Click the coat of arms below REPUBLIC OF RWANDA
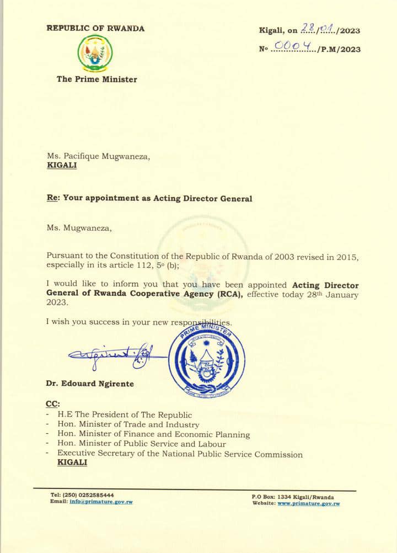(x=95, y=53)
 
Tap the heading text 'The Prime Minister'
(x=96, y=79)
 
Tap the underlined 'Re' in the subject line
(x=52, y=198)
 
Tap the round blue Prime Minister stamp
(x=207, y=360)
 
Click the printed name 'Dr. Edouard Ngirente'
(x=90, y=384)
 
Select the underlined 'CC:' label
(x=53, y=404)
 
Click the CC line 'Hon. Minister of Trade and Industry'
(x=128, y=424)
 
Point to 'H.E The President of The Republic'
(x=125, y=414)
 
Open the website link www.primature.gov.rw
(x=308, y=503)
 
